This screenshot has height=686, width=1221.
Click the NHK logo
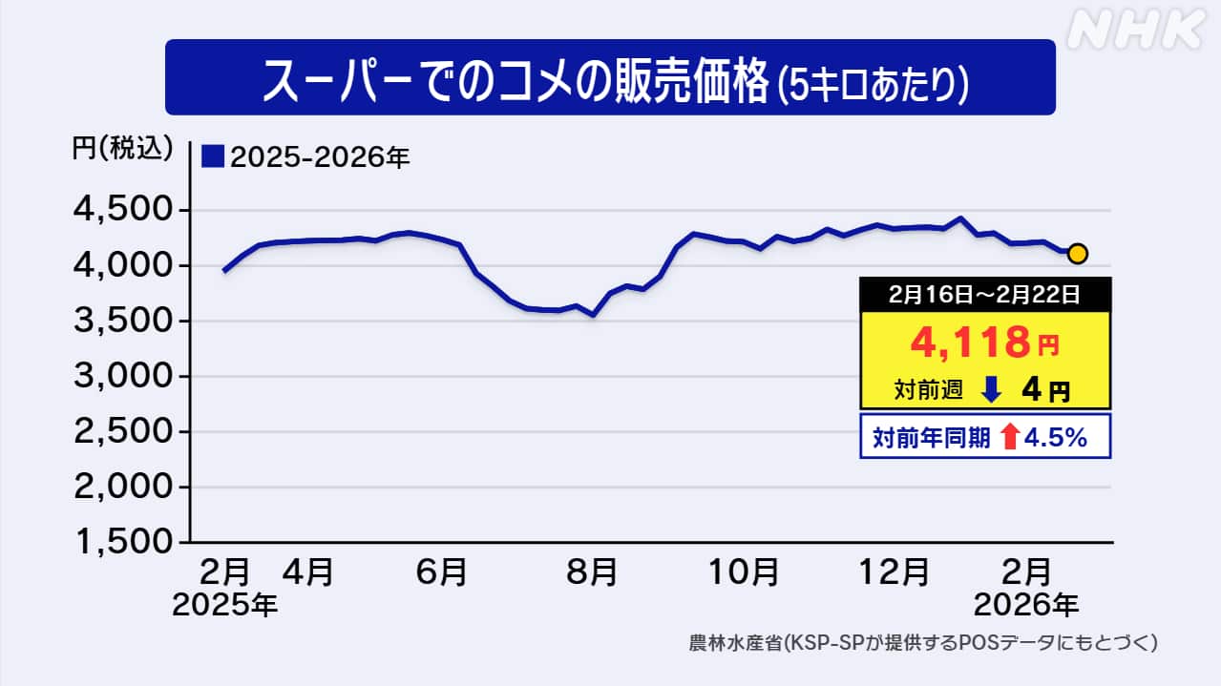(x=1135, y=30)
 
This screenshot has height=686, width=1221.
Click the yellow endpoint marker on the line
(x=1077, y=253)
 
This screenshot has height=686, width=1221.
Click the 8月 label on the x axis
(x=591, y=572)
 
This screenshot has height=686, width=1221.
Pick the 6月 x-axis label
(x=442, y=572)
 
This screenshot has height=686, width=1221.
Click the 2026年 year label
(x=1025, y=604)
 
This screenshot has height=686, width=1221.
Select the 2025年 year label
(x=225, y=604)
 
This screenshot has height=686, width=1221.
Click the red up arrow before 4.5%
(x=1010, y=437)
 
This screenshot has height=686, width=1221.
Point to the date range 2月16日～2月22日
(x=986, y=295)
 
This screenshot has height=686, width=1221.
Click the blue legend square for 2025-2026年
(x=213, y=156)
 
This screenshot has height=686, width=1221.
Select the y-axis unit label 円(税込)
(x=122, y=148)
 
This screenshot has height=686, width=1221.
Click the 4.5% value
(x=1056, y=437)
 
